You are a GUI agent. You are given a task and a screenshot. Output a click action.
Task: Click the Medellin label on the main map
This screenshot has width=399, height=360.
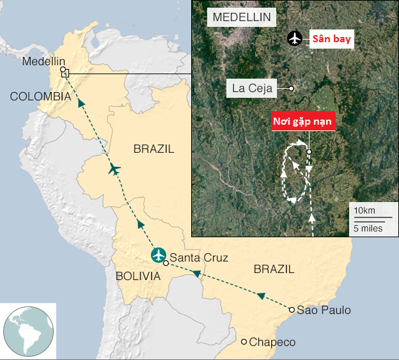click(x=44, y=61)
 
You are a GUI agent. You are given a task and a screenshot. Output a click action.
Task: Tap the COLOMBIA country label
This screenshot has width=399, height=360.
click(x=40, y=97)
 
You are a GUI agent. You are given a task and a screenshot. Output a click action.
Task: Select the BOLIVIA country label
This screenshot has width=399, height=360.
click(x=138, y=276)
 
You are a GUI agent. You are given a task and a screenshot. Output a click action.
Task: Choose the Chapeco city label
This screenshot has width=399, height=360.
click(x=272, y=342)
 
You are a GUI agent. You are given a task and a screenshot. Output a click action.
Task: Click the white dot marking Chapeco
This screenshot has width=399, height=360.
click(x=244, y=341)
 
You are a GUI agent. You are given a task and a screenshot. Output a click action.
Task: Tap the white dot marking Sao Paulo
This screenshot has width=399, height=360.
click(x=292, y=310)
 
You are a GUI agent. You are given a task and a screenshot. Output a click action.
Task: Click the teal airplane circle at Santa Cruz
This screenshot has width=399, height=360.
click(x=159, y=254)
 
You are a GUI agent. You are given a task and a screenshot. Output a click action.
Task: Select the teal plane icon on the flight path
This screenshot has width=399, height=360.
click(x=114, y=169)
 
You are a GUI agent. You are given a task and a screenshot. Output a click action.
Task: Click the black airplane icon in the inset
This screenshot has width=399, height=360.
click(x=294, y=38)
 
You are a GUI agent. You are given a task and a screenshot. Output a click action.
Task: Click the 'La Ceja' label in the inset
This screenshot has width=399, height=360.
click(x=252, y=88)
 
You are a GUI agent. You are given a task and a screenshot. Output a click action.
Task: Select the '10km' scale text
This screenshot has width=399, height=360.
click(x=364, y=211)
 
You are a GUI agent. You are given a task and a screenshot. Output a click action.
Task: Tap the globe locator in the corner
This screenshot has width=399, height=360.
click(x=28, y=331)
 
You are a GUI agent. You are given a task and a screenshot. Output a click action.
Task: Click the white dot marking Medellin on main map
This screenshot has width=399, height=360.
click(x=62, y=69)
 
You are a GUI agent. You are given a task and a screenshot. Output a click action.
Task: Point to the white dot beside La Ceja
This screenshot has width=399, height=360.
click(x=291, y=88)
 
